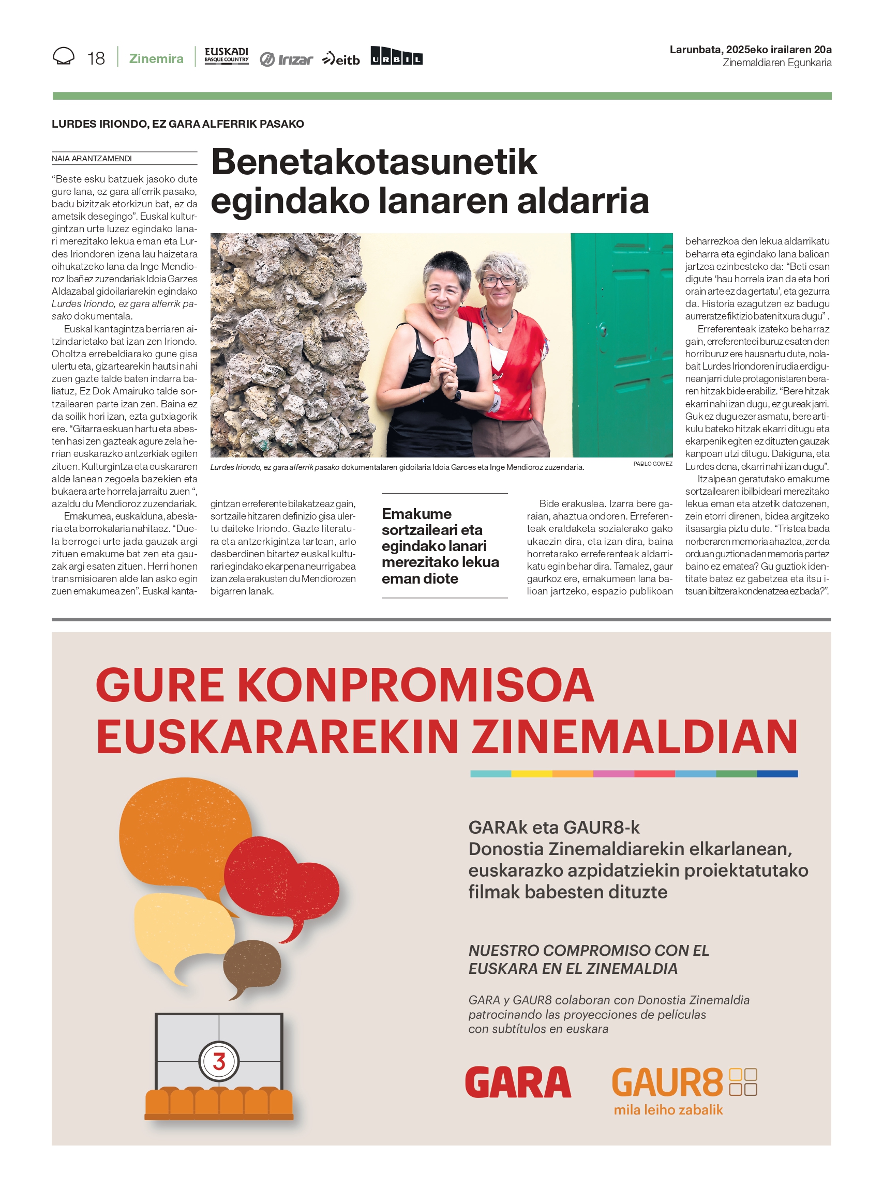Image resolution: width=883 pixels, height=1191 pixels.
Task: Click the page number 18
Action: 96,58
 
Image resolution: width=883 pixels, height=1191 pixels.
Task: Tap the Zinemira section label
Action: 156,58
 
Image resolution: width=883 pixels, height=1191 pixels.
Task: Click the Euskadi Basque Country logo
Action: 227,56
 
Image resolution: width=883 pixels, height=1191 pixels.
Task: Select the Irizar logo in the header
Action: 287,59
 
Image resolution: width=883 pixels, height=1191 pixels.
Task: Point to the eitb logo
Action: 341,59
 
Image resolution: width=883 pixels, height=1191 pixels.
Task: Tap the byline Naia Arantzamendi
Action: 92,158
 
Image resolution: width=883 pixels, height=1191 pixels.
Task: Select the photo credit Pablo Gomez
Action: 653,464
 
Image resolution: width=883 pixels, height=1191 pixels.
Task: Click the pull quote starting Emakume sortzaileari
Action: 440,545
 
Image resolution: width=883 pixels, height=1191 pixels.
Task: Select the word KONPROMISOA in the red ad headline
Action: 415,685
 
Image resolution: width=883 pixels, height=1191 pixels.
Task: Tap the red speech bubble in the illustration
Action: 280,883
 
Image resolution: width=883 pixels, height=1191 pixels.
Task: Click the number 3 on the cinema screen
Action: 219,1061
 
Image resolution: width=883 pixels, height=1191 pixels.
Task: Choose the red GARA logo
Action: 518,1081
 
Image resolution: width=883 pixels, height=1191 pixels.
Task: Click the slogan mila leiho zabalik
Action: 668,1110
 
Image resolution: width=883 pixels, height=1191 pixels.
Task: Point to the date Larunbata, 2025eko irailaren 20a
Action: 750,50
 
